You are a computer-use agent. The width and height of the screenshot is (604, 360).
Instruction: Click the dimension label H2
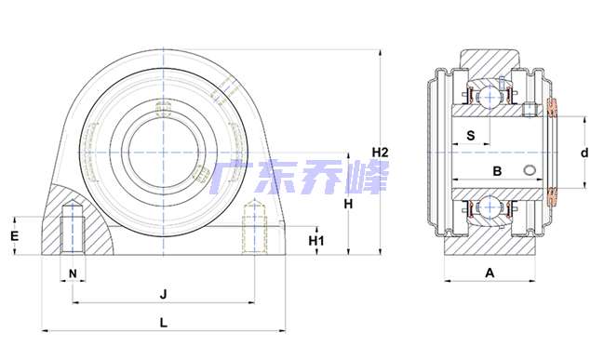[x=380, y=153]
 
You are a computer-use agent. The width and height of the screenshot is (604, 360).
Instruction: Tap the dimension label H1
[x=316, y=241]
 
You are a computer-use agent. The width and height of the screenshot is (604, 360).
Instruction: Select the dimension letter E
[x=14, y=235]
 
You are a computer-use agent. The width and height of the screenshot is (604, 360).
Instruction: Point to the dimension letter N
[x=73, y=273]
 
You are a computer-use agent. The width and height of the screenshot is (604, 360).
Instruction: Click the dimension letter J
[x=164, y=295]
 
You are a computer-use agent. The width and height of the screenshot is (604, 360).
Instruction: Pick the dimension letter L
[x=164, y=322]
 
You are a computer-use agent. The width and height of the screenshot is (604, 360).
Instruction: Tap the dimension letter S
[x=470, y=136]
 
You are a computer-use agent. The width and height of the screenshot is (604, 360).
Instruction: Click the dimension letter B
[x=497, y=171]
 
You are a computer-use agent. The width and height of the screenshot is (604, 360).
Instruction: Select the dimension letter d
[x=584, y=153]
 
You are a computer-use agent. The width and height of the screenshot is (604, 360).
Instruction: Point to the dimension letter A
[x=490, y=273]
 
